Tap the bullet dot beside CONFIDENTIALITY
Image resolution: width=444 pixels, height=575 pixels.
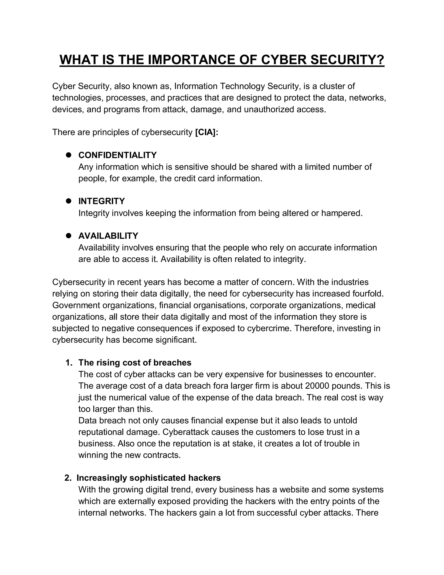pyautogui.click(x=69, y=155)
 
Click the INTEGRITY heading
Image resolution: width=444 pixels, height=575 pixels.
pyautogui.click(x=101, y=201)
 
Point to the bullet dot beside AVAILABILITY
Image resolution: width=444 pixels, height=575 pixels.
pyautogui.click(x=69, y=236)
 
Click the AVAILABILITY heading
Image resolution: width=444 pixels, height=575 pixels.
pyautogui.click(x=108, y=236)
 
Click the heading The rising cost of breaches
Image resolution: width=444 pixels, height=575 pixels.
pyautogui.click(x=135, y=363)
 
